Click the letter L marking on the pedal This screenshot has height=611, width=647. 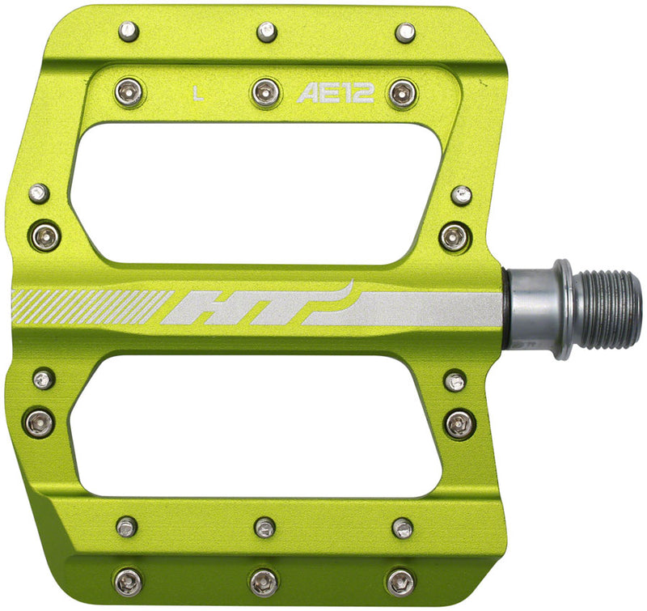point(198,92)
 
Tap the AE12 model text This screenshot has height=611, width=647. point(335,93)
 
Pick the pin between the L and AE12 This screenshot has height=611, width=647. point(265,91)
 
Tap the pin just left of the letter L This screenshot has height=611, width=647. point(129,91)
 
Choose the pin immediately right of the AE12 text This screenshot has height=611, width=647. point(402,92)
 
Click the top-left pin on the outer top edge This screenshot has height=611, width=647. point(128,32)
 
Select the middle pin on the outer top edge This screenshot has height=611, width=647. point(266,32)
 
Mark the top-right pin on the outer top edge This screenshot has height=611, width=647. point(405,32)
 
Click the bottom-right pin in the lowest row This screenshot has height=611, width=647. point(400,580)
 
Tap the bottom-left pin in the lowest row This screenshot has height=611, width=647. point(128,580)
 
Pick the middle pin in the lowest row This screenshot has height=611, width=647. point(264,580)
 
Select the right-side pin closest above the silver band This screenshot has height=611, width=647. point(455,237)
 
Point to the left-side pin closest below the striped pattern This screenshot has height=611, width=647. point(43,379)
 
